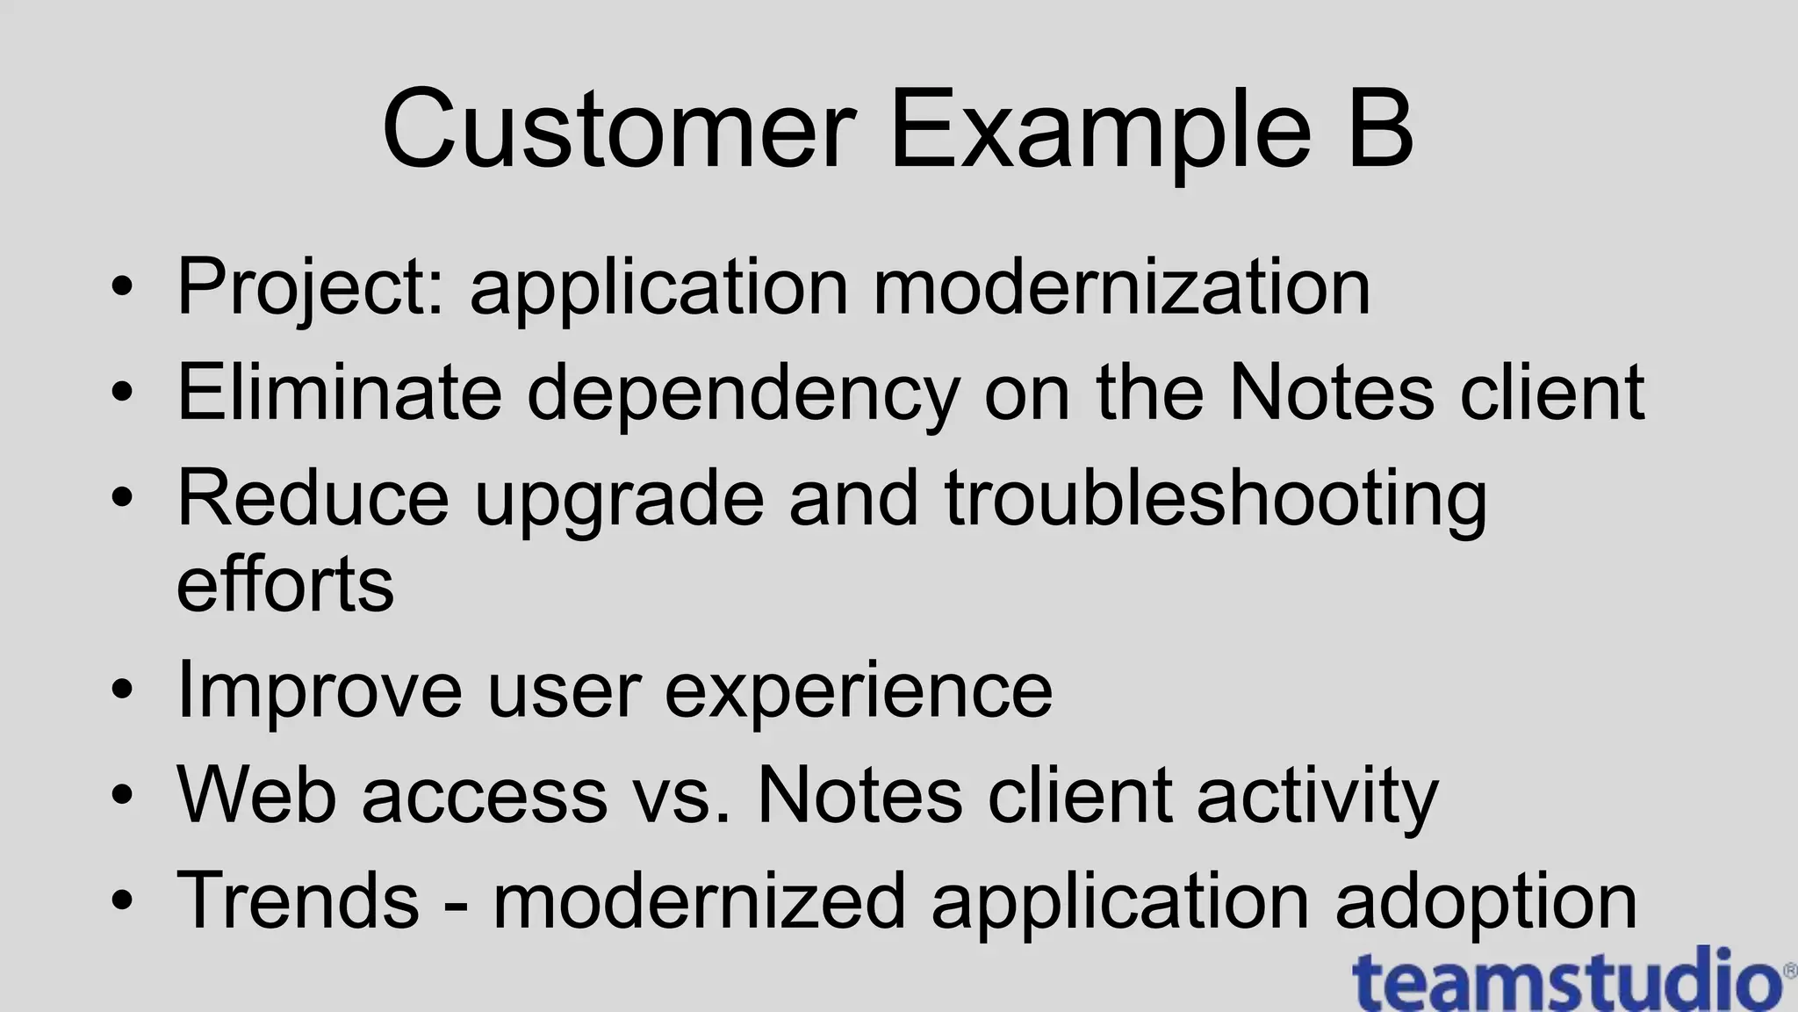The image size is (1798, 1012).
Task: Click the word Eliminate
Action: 339,392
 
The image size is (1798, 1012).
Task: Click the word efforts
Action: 285,584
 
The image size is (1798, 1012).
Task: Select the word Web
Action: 256,795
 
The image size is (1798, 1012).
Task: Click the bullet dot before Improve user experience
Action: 122,690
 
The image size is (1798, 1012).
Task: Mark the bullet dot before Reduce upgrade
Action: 122,498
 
